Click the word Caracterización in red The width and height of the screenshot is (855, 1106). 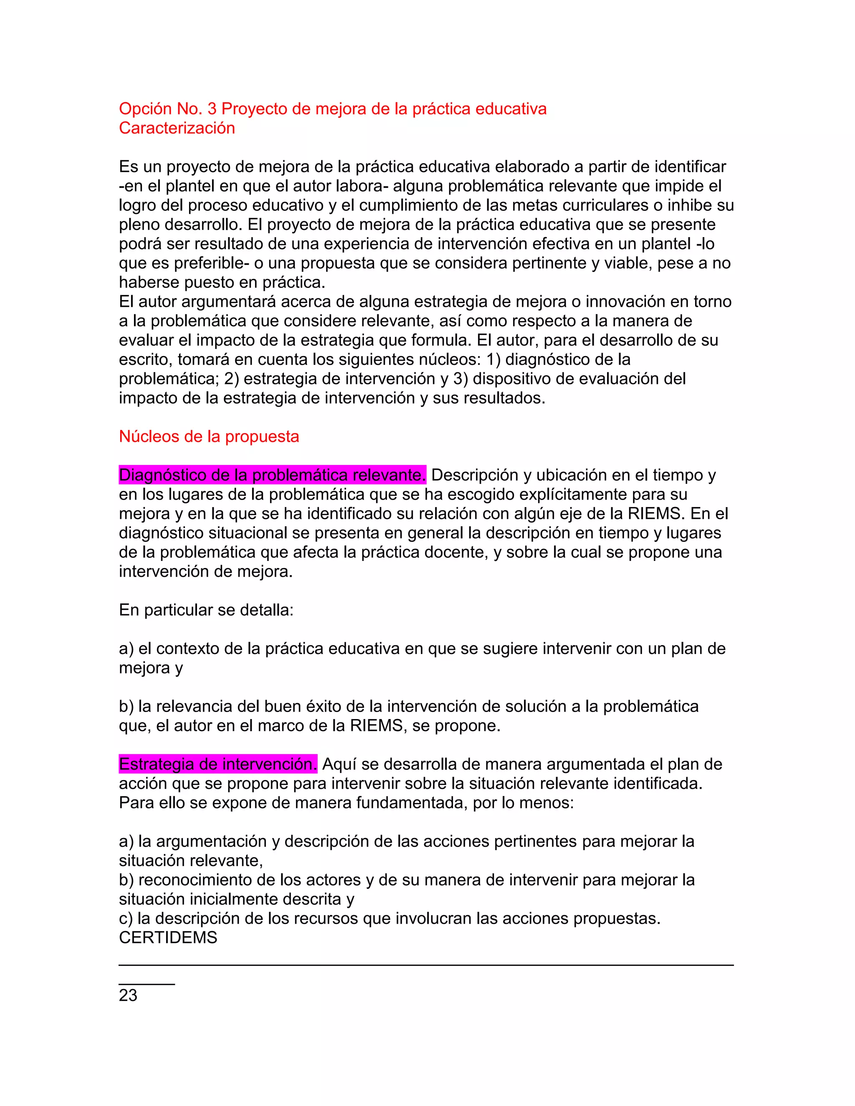coord(177,128)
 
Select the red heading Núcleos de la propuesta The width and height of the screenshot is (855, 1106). coord(209,437)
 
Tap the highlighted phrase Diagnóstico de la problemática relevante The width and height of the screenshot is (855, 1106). coord(272,475)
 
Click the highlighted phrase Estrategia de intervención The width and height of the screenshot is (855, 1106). coord(218,764)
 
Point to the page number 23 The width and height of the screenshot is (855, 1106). coord(128,995)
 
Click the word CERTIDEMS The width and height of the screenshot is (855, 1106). coord(168,938)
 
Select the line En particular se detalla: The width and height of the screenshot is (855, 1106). coord(206,610)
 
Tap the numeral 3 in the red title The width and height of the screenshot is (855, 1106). coord(212,109)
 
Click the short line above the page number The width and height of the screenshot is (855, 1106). coord(147,984)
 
